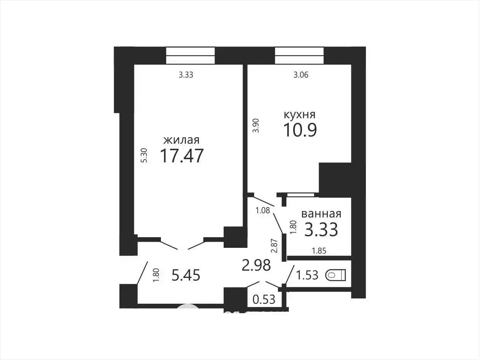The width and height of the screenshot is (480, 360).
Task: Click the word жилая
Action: coord(181,140)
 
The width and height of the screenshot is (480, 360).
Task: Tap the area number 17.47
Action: coord(182,156)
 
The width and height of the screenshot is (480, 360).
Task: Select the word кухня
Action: coord(300,115)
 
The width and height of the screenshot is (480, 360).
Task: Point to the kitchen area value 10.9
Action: coord(300,130)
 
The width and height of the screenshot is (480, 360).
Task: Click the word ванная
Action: coord(321,214)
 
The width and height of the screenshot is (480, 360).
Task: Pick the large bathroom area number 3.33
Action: coord(321,230)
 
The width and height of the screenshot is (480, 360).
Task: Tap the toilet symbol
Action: coord(335,275)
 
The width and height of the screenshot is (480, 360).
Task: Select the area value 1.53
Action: coord(307,275)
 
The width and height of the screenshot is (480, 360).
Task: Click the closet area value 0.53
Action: coord(264,300)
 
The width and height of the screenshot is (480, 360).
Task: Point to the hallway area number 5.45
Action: coord(186,275)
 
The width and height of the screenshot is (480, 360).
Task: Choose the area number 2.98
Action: coord(256,265)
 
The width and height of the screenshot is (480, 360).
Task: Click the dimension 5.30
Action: coord(144,155)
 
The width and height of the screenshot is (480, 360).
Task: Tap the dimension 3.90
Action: coord(256,125)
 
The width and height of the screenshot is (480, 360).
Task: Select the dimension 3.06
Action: coord(301,75)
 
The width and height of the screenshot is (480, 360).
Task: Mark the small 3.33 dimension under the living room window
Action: coord(186,75)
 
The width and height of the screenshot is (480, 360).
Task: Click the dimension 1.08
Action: coord(263,211)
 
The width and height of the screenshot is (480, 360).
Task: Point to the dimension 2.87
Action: coord(274,246)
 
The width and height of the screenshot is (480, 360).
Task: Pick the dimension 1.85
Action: coord(319,251)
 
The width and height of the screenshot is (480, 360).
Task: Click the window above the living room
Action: coord(191,56)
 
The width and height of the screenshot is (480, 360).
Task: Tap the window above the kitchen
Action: coord(299,56)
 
